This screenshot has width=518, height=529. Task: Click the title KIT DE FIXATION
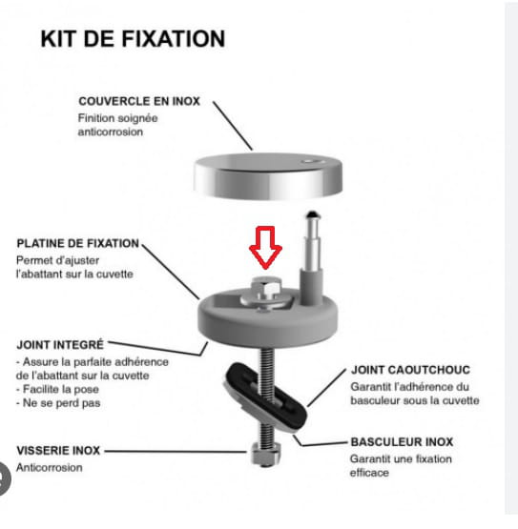click(x=133, y=39)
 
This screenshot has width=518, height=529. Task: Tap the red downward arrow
click(x=265, y=247)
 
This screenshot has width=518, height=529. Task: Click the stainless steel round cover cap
click(x=268, y=176)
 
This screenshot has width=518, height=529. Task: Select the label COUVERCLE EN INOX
click(x=139, y=101)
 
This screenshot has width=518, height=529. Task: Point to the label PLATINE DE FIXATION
click(x=77, y=243)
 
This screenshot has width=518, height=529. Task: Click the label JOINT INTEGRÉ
click(x=60, y=345)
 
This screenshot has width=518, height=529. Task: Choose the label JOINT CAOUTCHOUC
click(x=410, y=370)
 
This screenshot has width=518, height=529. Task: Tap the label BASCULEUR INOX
click(x=402, y=442)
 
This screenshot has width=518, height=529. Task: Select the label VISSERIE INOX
click(x=58, y=451)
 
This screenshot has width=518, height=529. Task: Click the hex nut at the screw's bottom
click(x=266, y=454)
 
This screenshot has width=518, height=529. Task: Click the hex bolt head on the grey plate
click(x=266, y=287)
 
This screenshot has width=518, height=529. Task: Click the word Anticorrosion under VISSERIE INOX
click(x=50, y=468)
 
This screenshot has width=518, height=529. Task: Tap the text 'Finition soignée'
click(x=118, y=118)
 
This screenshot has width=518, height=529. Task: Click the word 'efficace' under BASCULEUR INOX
click(x=369, y=473)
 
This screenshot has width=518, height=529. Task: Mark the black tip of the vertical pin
click(x=312, y=214)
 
